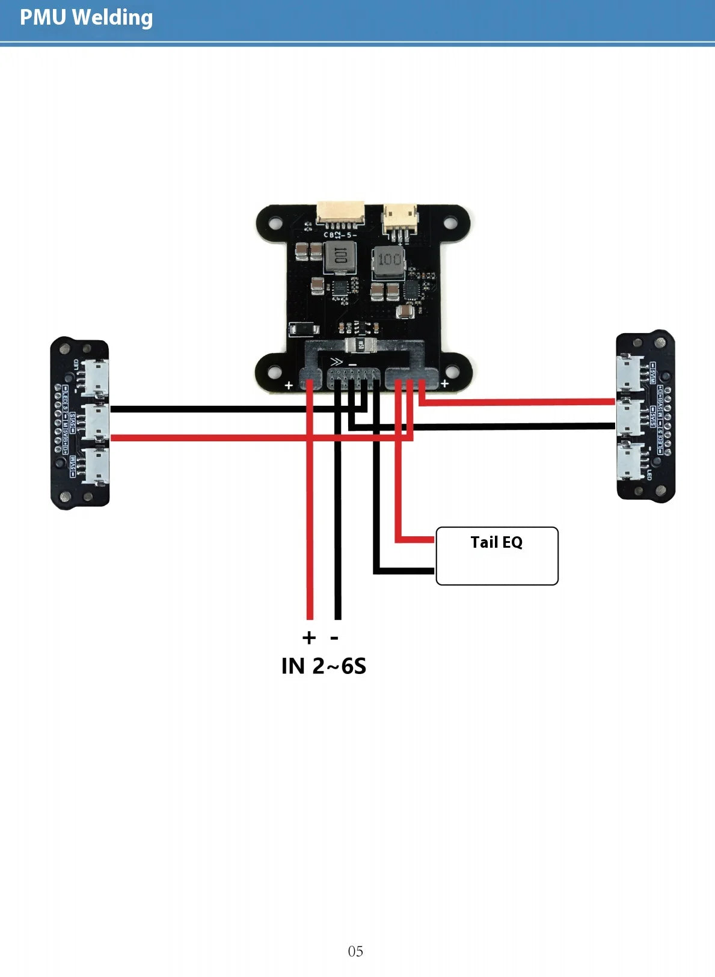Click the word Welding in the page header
(x=112, y=18)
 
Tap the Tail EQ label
(x=496, y=542)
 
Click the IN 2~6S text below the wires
(x=324, y=666)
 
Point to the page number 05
(x=355, y=951)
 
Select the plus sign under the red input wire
(x=308, y=637)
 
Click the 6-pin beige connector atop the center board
(x=341, y=212)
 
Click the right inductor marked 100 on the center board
(x=389, y=260)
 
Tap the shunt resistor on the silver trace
(x=361, y=345)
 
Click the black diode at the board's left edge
(x=304, y=329)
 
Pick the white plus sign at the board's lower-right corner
(x=444, y=384)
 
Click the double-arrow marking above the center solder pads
(x=336, y=363)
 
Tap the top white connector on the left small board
(x=95, y=377)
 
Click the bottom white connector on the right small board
(x=629, y=462)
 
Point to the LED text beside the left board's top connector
(x=76, y=366)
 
